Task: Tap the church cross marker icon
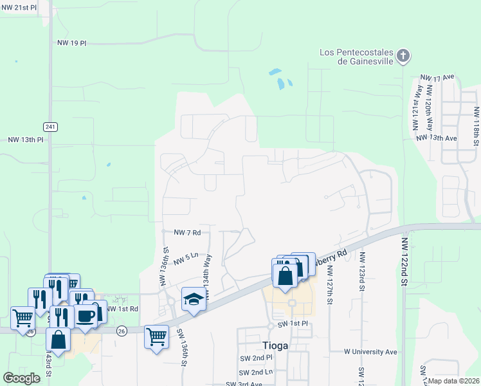click(403, 56)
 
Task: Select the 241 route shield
click(50, 125)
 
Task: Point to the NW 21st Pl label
click(21, 6)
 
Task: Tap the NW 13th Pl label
click(25, 139)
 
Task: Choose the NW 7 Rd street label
click(187, 232)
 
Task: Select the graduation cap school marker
click(193, 299)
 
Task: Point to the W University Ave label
click(370, 352)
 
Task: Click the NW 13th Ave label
click(436, 138)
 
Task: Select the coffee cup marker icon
click(86, 316)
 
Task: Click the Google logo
click(21, 378)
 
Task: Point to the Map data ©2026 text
click(453, 381)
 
